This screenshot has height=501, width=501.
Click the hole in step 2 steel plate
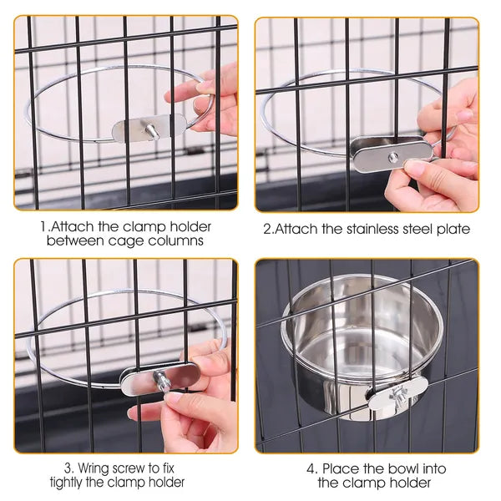[x=392, y=155]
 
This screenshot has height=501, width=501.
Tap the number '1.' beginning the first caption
[x=44, y=226]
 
